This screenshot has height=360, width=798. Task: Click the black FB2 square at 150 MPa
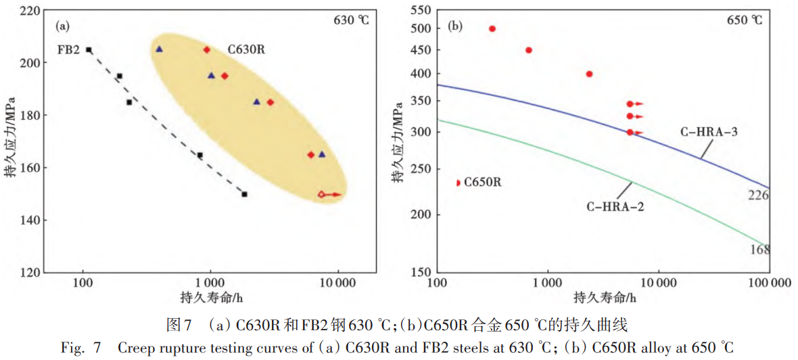click(x=244, y=194)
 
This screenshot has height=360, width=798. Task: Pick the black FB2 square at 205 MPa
click(x=89, y=50)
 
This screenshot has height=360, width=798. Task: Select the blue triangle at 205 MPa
click(x=159, y=49)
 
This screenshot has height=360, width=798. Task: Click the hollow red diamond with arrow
click(x=322, y=195)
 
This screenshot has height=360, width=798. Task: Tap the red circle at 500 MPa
click(x=492, y=28)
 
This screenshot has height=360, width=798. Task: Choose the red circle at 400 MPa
click(x=589, y=74)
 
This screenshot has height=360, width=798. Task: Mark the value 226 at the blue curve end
click(x=759, y=195)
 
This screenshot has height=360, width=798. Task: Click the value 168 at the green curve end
click(x=759, y=250)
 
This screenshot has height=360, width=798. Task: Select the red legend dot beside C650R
click(x=459, y=183)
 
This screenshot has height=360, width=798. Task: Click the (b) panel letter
click(x=456, y=26)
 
